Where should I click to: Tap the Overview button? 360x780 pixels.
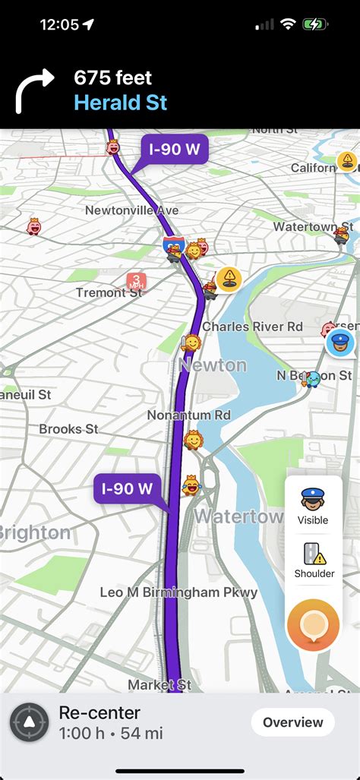[292, 722]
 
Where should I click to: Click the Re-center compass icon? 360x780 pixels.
[30, 722]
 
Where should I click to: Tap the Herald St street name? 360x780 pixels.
[120, 103]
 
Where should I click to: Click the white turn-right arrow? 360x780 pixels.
[34, 90]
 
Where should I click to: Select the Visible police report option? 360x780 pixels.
[313, 505]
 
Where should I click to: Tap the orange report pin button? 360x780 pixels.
[313, 625]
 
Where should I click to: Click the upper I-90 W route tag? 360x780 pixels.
[174, 150]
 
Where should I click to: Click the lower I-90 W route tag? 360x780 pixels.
[128, 489]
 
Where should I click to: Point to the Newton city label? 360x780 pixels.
[213, 365]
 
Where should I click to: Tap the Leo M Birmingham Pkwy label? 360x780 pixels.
[178, 592]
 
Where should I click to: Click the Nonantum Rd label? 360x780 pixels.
[188, 415]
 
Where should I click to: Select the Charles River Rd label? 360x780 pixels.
[252, 327]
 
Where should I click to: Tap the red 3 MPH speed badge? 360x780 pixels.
[136, 282]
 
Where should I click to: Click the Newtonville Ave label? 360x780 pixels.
[131, 210]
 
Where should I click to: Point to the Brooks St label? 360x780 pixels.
[68, 428]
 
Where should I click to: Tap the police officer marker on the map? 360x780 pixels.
[340, 343]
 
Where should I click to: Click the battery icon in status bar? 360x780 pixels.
[314, 24]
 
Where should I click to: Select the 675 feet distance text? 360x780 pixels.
[112, 77]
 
